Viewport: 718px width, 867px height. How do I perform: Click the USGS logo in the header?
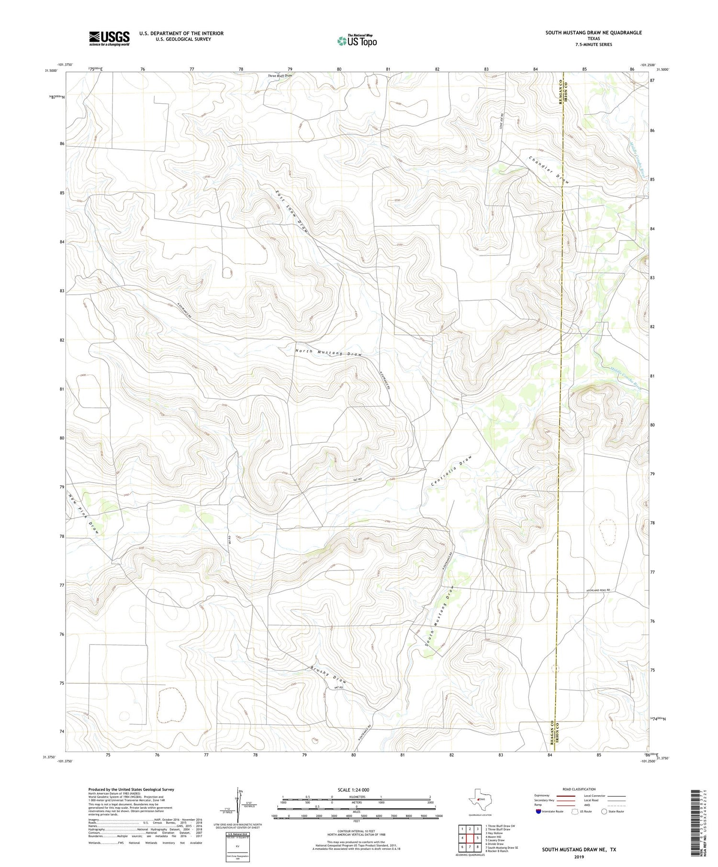(x=109, y=38)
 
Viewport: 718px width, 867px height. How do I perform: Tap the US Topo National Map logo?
(x=357, y=41)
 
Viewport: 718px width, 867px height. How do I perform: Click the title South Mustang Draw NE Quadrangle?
(x=593, y=33)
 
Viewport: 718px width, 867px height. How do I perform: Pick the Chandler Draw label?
(x=549, y=170)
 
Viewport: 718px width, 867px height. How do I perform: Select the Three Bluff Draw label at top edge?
(x=280, y=76)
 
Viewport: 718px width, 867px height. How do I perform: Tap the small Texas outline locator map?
(x=477, y=800)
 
